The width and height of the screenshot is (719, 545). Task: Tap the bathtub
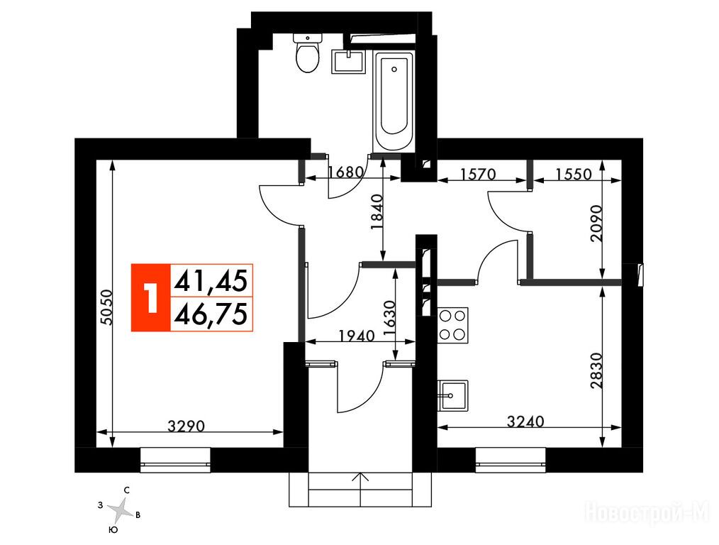point(394,101)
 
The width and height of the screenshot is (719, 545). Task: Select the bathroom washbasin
point(348,62)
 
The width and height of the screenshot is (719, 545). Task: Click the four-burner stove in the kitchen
point(452,325)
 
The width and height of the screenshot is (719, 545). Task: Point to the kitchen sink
point(452,395)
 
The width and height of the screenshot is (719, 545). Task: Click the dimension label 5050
point(106,307)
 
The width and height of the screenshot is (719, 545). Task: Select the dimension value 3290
point(186,426)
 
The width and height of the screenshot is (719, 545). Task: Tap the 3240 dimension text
point(525,421)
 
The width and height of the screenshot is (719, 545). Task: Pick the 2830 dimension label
point(596,370)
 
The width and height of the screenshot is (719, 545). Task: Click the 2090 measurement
point(596,223)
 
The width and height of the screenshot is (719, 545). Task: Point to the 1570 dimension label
point(478,175)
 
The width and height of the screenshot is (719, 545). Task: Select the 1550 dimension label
point(574,175)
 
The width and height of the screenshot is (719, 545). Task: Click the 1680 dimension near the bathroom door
point(347,172)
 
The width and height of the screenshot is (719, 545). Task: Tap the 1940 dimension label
point(357,336)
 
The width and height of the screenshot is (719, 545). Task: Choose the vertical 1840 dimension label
point(377,212)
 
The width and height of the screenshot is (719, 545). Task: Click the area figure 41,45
point(211,281)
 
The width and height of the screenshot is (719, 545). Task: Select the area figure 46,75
point(211,314)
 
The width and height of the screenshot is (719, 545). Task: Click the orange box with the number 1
point(151,297)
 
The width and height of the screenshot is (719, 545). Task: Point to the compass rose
point(121,511)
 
